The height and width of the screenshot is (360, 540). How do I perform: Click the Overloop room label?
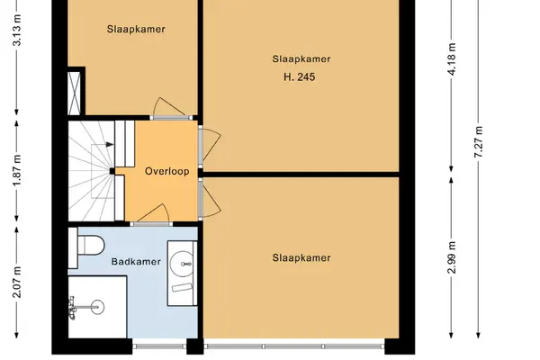point(167,171)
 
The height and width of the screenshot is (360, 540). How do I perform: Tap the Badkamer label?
point(136,262)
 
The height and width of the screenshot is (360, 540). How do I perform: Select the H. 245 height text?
point(300,76)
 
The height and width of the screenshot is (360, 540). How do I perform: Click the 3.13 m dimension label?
point(17,31)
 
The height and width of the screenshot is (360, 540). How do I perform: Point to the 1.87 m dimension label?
point(17,170)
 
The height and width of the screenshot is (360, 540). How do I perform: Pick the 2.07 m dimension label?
point(17,282)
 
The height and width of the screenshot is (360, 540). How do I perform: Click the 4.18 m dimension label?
point(452,58)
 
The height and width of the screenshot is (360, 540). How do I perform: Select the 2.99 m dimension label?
point(452,257)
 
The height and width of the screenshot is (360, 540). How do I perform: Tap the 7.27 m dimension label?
point(479,142)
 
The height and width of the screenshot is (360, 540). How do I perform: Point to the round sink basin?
point(182,264)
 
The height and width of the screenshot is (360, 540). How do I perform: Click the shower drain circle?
point(97,307)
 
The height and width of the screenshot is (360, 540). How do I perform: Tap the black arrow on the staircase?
point(110,144)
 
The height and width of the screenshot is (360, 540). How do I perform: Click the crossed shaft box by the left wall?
point(75,94)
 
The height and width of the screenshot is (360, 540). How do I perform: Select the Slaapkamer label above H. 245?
point(301,58)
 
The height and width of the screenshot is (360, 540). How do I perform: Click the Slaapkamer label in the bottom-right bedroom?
point(301,257)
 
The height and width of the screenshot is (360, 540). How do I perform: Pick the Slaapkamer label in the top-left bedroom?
point(136,29)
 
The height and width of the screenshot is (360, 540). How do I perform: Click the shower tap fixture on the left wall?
point(73,308)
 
